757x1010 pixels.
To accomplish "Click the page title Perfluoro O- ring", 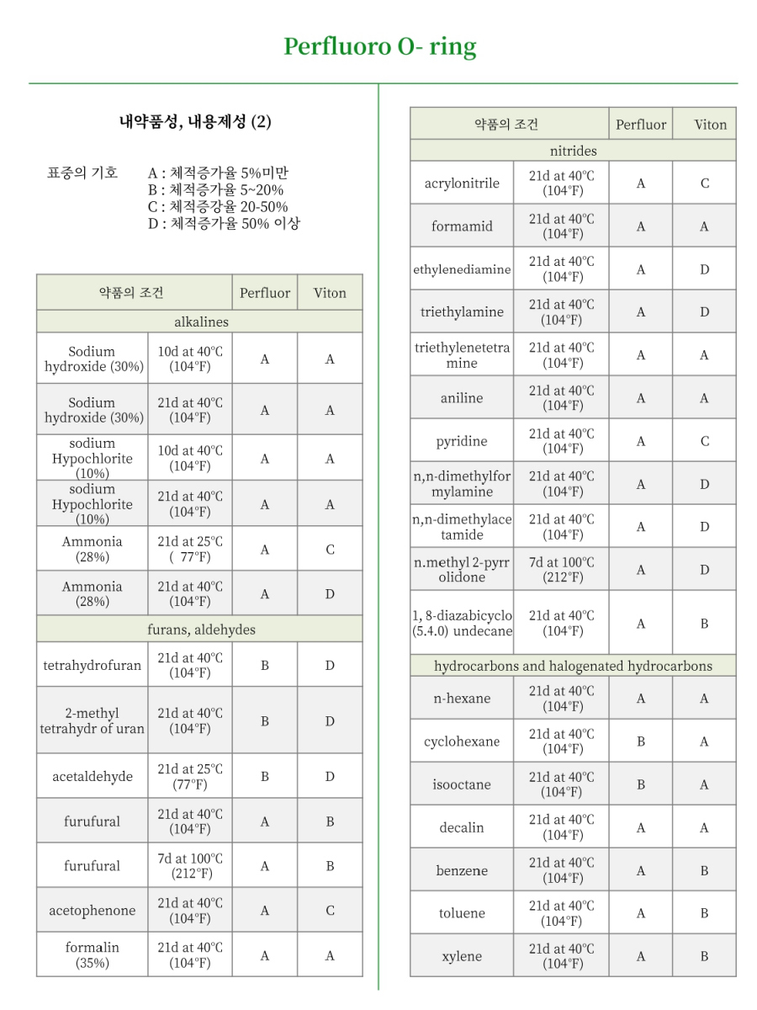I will pyautogui.click(x=379, y=45).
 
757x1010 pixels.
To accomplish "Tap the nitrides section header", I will pyautogui.click(x=573, y=151).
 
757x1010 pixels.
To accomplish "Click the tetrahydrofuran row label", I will pyautogui.click(x=93, y=665).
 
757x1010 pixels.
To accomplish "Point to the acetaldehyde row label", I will pyautogui.click(x=93, y=776).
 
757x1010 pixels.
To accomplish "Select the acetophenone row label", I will pyautogui.click(x=93, y=911).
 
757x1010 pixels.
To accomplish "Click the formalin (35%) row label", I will pyautogui.click(x=93, y=954).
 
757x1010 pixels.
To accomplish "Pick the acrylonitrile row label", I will pyautogui.click(x=462, y=183).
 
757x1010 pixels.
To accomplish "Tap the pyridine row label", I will pyautogui.click(x=462, y=441).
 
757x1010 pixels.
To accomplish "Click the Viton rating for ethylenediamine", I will pyautogui.click(x=705, y=269).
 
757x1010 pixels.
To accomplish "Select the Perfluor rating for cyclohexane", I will pyautogui.click(x=641, y=742).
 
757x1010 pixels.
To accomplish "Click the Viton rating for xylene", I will pyautogui.click(x=705, y=956).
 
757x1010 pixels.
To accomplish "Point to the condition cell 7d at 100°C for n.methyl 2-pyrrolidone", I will pyautogui.click(x=562, y=569).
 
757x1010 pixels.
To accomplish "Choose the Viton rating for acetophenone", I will pyautogui.click(x=330, y=911).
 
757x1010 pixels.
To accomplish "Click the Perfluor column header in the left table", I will pyautogui.click(x=265, y=293).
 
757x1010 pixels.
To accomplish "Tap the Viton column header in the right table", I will pyautogui.click(x=711, y=125).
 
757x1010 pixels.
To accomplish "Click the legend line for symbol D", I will pyautogui.click(x=225, y=224).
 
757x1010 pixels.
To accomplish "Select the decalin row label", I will pyautogui.click(x=462, y=827).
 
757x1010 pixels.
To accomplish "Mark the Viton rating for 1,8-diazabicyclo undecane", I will pyautogui.click(x=705, y=624).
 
